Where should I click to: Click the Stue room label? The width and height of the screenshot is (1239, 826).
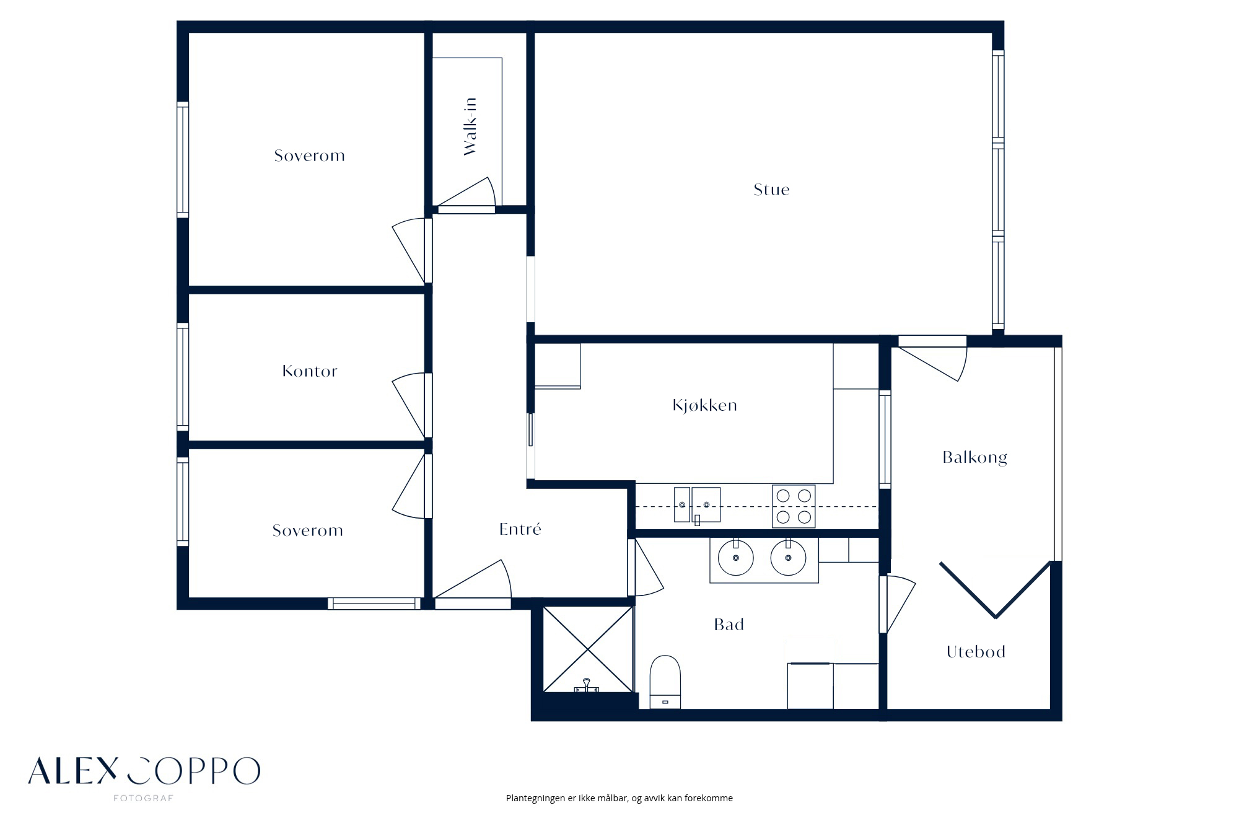pyautogui.click(x=771, y=190)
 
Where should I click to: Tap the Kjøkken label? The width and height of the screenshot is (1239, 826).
pyautogui.click(x=704, y=405)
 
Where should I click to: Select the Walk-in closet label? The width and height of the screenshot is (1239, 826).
pyautogui.click(x=470, y=126)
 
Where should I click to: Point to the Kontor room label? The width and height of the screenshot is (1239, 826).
pyautogui.click(x=310, y=371)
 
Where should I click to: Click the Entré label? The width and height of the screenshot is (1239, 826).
pyautogui.click(x=520, y=529)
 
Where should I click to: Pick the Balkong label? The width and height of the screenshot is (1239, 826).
pyautogui.click(x=974, y=457)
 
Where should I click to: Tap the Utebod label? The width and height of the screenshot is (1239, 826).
pyautogui.click(x=976, y=652)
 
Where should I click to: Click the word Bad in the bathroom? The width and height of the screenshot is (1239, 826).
pyautogui.click(x=729, y=625)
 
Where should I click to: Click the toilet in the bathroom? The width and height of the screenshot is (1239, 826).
pyautogui.click(x=665, y=682)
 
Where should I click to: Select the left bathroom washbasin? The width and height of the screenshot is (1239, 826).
pyautogui.click(x=736, y=557)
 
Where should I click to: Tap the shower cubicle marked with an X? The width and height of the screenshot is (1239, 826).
pyautogui.click(x=588, y=649)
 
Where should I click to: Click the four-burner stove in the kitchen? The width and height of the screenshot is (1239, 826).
pyautogui.click(x=794, y=506)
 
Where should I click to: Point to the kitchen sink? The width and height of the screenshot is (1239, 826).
pyautogui.click(x=698, y=505)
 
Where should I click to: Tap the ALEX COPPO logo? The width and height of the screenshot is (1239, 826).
pyautogui.click(x=144, y=771)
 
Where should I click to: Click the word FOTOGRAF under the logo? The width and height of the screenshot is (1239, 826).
pyautogui.click(x=143, y=798)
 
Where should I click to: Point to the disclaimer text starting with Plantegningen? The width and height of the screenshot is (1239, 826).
pyautogui.click(x=619, y=798)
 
